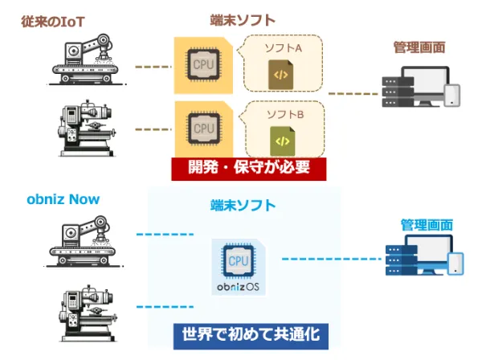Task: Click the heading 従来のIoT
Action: (x=55, y=18)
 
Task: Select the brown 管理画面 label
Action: (x=419, y=47)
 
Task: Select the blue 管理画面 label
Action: (x=426, y=224)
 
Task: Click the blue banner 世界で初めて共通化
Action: (x=251, y=333)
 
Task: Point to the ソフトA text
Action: (x=283, y=49)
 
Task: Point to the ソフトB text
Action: (x=284, y=115)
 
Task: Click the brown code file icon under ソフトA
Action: (x=282, y=75)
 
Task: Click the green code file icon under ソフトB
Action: (x=282, y=140)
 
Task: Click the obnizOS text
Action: (x=239, y=285)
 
